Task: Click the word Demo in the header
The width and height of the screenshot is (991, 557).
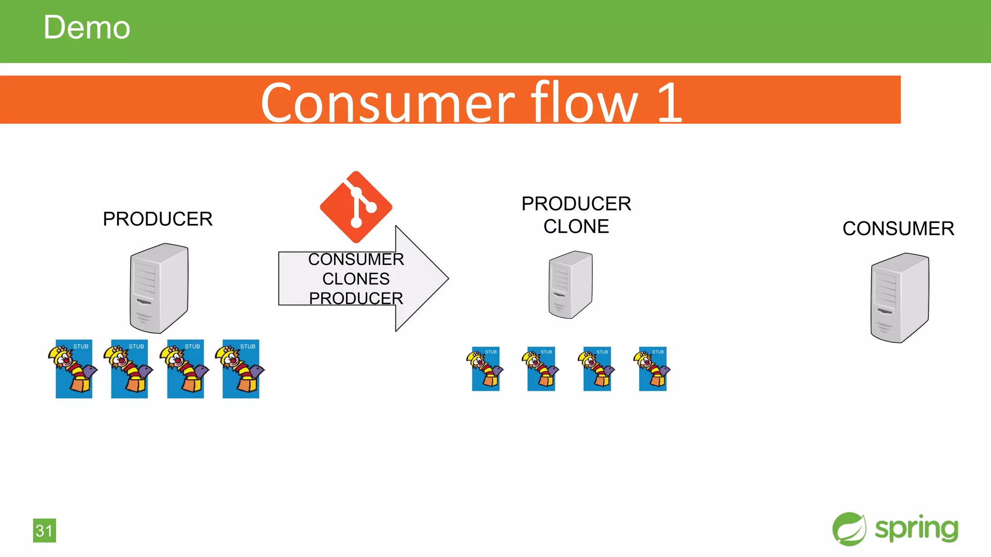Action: pyautogui.click(x=87, y=28)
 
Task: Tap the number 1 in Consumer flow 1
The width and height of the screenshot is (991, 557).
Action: pyautogui.click(x=670, y=102)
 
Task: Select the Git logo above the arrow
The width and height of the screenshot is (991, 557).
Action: pyautogui.click(x=356, y=207)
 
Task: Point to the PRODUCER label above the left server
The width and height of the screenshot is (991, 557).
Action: pyautogui.click(x=157, y=219)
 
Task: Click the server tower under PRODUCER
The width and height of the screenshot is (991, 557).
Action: pyautogui.click(x=159, y=288)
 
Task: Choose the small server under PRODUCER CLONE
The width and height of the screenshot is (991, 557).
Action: pyautogui.click(x=571, y=285)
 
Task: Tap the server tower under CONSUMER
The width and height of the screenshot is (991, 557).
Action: pyautogui.click(x=900, y=298)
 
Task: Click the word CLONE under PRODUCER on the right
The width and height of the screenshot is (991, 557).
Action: pyautogui.click(x=576, y=227)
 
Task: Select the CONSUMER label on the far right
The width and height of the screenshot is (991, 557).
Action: pyautogui.click(x=898, y=229)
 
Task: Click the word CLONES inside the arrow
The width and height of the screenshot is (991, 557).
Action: pyautogui.click(x=356, y=279)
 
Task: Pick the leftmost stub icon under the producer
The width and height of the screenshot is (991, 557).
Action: pyautogui.click(x=74, y=369)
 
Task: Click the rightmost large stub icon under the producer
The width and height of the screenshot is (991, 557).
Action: pyautogui.click(x=241, y=369)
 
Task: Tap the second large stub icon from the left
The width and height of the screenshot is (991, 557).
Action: pyautogui.click(x=129, y=369)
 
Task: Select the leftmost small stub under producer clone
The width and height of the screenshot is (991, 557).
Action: pyautogui.click(x=485, y=369)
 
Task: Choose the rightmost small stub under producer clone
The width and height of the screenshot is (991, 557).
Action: pyautogui.click(x=652, y=369)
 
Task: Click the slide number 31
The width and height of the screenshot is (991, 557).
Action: pyautogui.click(x=45, y=530)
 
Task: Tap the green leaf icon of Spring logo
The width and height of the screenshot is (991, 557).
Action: pyautogui.click(x=849, y=529)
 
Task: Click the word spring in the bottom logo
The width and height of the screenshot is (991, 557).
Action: pyautogui.click(x=916, y=528)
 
